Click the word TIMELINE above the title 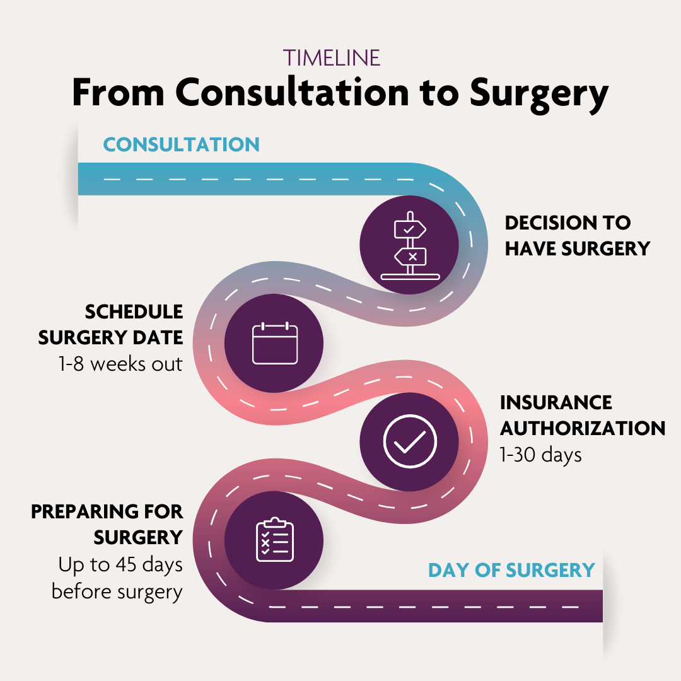pos(332,58)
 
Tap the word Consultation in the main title pos(293,92)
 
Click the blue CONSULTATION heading pos(182,144)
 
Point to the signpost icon pos(410,246)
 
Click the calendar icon pos(275,343)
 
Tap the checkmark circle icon pos(410,441)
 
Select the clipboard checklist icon pos(275,539)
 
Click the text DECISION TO pos(567,223)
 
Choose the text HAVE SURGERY pos(578,249)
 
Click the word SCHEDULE pos(134,312)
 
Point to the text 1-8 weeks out pos(120,364)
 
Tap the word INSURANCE pos(556,402)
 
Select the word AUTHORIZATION pos(583,428)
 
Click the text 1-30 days pos(541,455)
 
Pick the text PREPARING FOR pos(107,511)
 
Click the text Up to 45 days pos(120,565)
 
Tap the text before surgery pos(117,592)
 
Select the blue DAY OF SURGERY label pos(511,570)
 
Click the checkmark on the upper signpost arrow pos(409,229)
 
